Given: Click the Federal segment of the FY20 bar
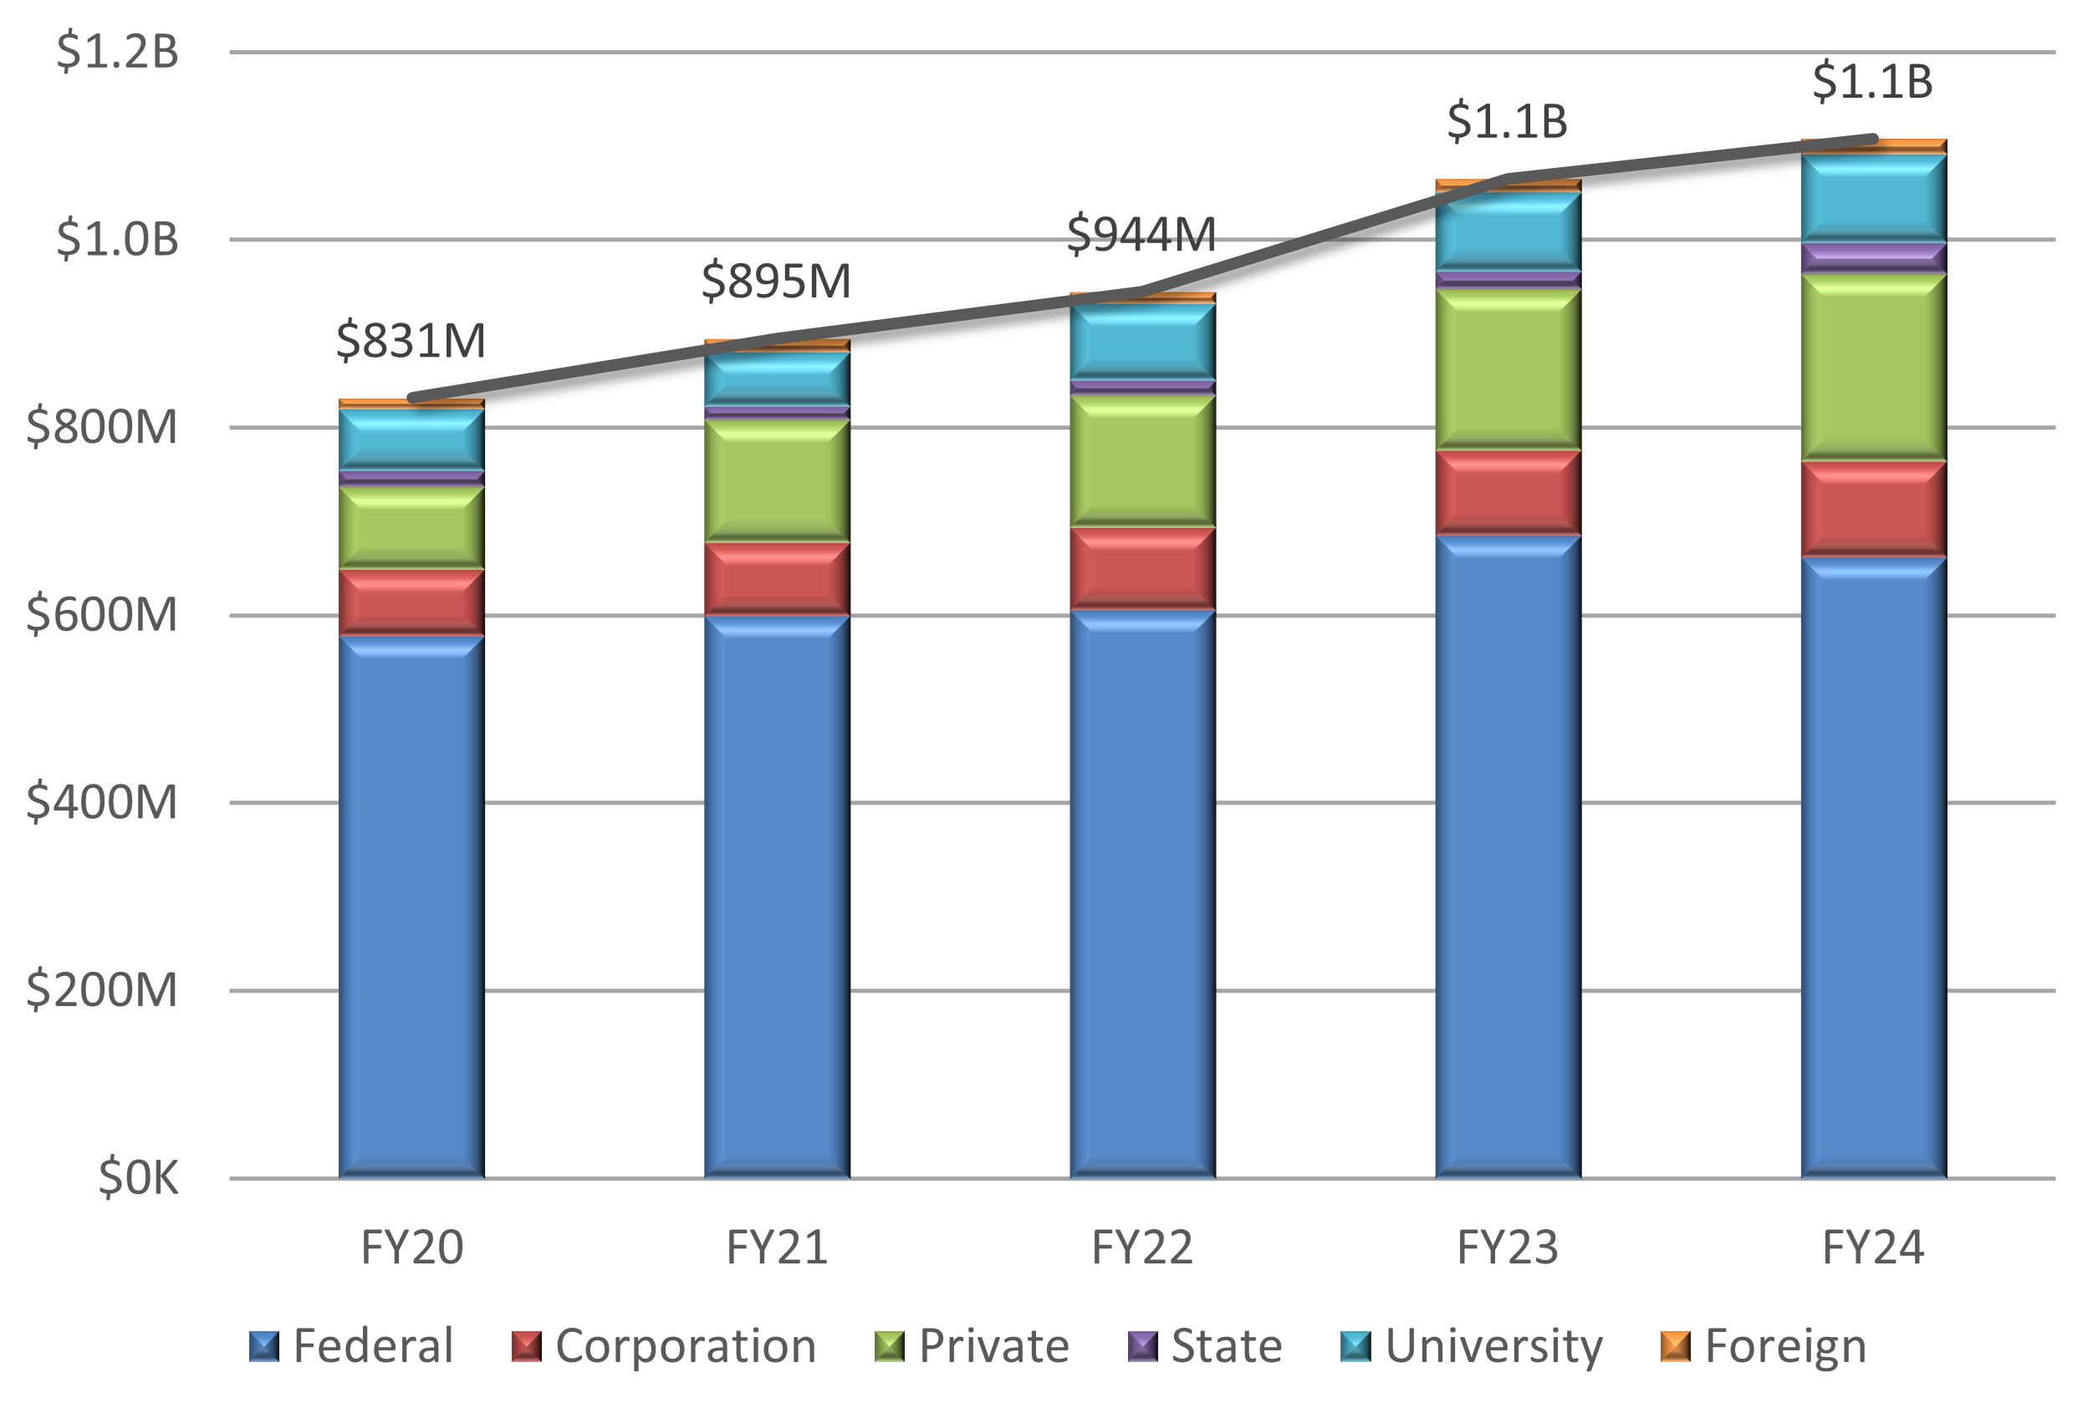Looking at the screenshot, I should pos(411,906).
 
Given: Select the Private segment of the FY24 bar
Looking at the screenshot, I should pos(1872,367).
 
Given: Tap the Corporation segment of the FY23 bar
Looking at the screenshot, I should pos(1508,492).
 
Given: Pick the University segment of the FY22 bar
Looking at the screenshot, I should pos(1141,342).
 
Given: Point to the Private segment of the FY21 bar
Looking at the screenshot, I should pos(776,480).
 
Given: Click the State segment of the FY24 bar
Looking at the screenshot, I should pos(1872,257).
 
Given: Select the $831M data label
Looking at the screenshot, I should pos(411,341).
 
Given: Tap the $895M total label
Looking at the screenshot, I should pos(775,280).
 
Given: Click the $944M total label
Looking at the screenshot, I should pos(1141,234).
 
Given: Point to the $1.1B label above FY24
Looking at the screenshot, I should pos(1872,81).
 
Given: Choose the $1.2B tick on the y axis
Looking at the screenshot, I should pos(117,51).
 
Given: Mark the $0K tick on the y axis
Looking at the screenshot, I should pos(138,1177).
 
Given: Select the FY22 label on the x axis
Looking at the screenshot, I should pos(1141,1248).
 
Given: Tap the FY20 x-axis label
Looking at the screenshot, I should pos(411,1248).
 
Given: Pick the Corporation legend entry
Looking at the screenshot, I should pos(664,1346).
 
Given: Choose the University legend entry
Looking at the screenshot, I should pos(1472,1346).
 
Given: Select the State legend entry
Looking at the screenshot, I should pos(1204,1346).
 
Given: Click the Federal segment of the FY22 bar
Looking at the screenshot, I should pos(1141,892).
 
